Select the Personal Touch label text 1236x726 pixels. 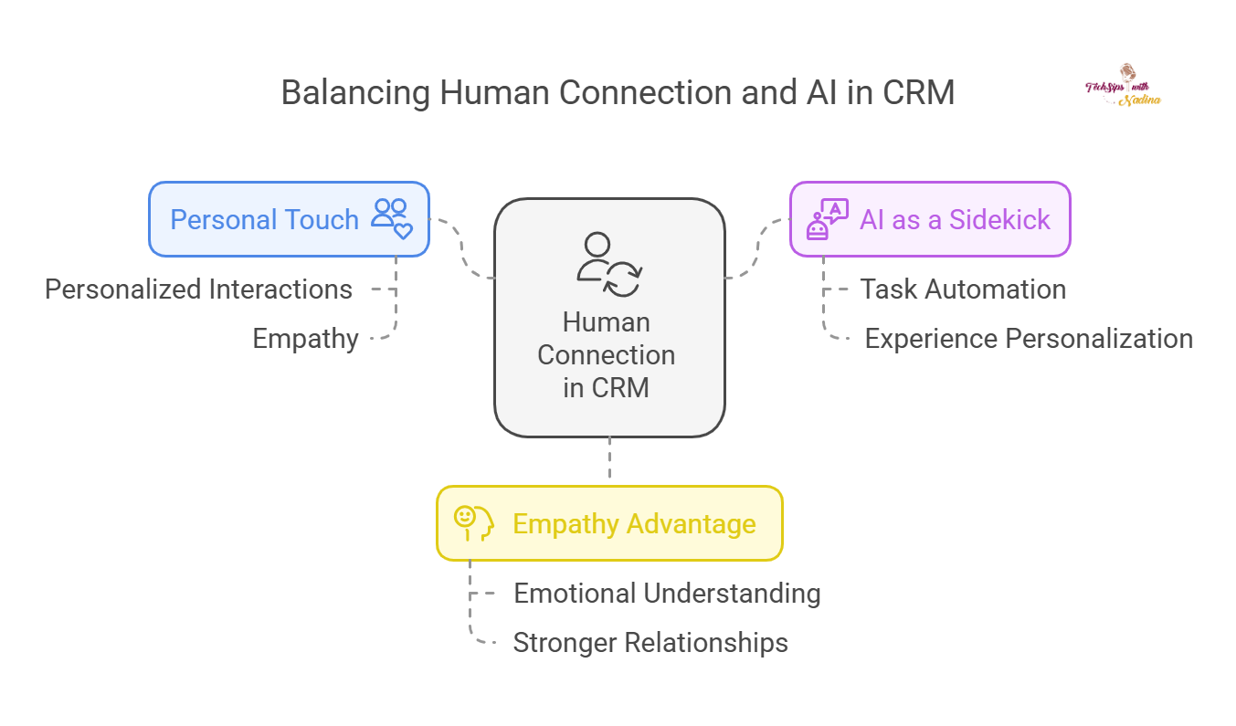(x=264, y=220)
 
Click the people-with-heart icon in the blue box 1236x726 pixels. (x=393, y=219)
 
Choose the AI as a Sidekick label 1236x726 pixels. (x=955, y=220)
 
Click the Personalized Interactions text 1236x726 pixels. (x=198, y=289)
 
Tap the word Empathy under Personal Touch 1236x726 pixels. (x=305, y=339)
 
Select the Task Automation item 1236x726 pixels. (x=963, y=289)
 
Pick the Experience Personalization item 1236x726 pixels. (x=1029, y=339)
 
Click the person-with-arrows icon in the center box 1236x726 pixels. (x=608, y=265)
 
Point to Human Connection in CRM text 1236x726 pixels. (x=607, y=354)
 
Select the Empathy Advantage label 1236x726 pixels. (x=634, y=524)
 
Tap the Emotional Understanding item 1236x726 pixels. (x=667, y=594)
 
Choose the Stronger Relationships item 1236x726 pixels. (x=650, y=643)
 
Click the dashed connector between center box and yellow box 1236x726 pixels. (x=609, y=461)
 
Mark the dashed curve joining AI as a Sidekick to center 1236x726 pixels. (x=757, y=249)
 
